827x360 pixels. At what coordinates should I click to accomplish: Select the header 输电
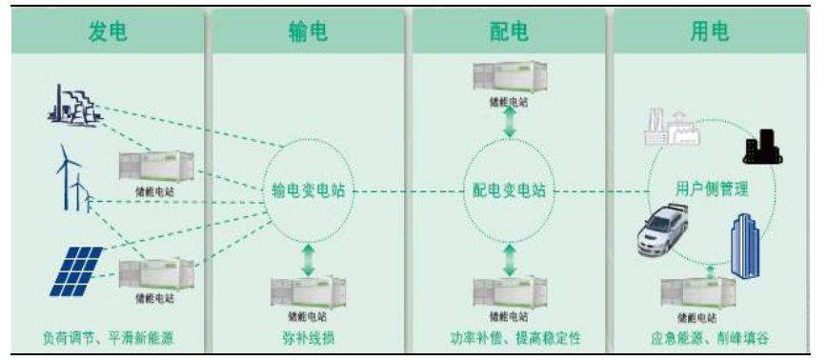click(307, 32)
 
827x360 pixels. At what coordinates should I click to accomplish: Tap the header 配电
click(509, 32)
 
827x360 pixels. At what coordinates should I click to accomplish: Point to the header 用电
click(710, 32)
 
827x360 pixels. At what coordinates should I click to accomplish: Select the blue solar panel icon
click(76, 270)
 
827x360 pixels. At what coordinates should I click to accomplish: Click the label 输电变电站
click(308, 190)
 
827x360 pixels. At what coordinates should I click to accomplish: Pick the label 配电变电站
click(509, 190)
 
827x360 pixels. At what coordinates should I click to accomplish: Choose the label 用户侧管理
click(705, 190)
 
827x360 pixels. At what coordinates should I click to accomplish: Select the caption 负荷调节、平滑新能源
click(108, 338)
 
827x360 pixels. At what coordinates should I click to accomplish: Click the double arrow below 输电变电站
click(308, 260)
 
